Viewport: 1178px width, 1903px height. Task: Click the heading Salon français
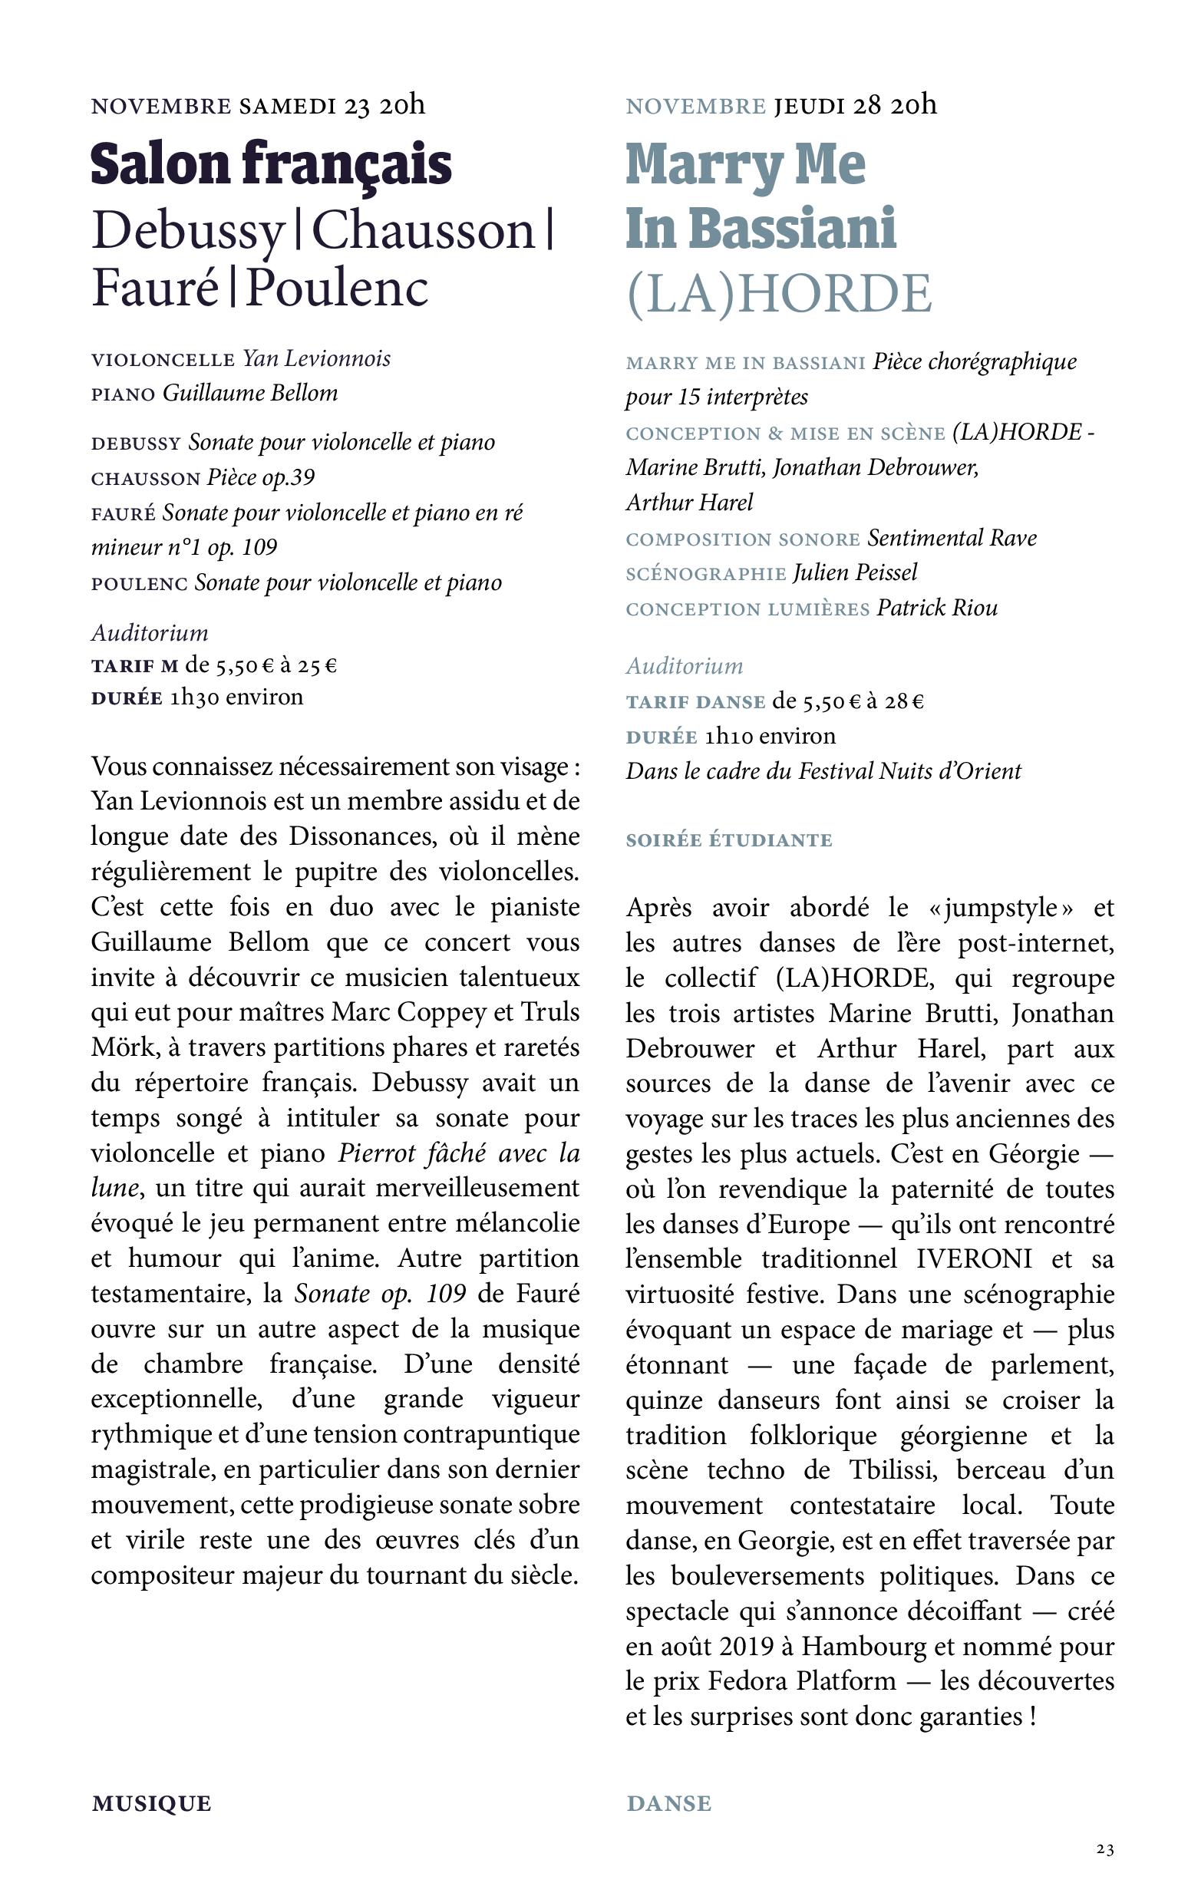click(x=271, y=164)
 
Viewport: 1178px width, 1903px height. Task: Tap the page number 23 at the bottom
click(x=1105, y=1849)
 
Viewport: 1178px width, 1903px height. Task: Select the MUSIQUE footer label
click(x=151, y=1804)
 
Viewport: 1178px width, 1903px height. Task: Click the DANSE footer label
click(x=668, y=1804)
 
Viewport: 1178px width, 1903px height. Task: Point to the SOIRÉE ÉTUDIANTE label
click(x=729, y=840)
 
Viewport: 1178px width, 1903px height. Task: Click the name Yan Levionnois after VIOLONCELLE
click(x=316, y=358)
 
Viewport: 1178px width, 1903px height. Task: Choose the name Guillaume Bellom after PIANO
click(x=250, y=393)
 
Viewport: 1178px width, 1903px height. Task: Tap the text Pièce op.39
click(x=261, y=477)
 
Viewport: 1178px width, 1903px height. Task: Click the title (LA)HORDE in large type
click(x=779, y=294)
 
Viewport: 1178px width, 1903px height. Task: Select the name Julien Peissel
click(x=855, y=572)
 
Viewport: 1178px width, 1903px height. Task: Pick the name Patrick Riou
click(x=937, y=608)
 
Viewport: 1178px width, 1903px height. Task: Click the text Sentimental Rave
click(x=952, y=538)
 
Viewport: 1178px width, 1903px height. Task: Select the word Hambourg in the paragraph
click(x=864, y=1646)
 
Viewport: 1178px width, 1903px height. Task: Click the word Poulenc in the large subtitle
click(x=338, y=288)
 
